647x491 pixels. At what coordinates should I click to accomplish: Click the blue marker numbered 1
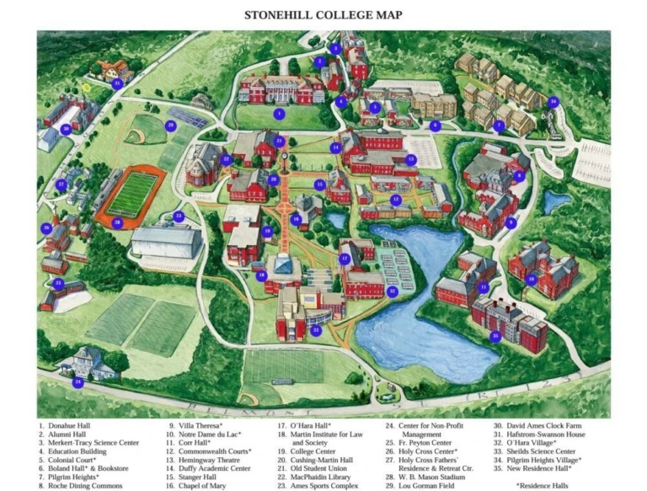click(x=279, y=113)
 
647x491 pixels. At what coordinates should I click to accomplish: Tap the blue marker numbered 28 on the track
click(x=117, y=222)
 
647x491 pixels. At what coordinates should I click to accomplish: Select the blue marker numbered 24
click(x=78, y=382)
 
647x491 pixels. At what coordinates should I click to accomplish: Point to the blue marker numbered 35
click(x=495, y=336)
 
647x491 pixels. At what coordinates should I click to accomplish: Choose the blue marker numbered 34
click(x=553, y=102)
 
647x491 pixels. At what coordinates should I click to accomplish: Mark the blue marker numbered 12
click(x=395, y=200)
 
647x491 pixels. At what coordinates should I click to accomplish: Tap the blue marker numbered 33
click(x=316, y=330)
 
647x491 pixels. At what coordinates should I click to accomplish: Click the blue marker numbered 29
click(x=170, y=125)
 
